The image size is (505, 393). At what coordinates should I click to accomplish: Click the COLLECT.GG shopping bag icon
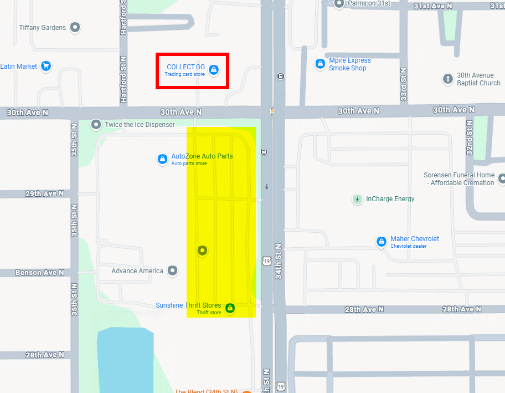[214, 70]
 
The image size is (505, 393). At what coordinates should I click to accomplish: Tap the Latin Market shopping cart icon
[46, 66]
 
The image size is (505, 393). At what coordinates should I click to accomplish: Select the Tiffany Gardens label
[42, 27]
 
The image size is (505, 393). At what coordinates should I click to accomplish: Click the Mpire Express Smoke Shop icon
[320, 64]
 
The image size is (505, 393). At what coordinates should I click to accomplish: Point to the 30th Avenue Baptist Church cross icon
[448, 79]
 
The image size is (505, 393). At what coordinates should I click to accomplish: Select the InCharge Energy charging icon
[358, 199]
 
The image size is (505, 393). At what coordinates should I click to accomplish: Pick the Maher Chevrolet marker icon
[381, 242]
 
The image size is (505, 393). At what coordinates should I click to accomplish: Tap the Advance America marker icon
[173, 270]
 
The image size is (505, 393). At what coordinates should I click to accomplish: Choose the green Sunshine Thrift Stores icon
[230, 308]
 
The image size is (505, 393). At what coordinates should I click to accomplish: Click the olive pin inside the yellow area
[202, 251]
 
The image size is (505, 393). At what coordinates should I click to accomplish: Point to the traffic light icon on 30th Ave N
[271, 111]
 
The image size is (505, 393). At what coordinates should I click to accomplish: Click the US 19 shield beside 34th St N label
[267, 261]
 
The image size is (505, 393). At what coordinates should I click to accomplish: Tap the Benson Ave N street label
[40, 273]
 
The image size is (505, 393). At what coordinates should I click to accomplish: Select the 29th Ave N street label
[45, 193]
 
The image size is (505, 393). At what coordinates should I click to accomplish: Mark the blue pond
[125, 360]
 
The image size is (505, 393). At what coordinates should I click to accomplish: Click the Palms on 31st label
[369, 3]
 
